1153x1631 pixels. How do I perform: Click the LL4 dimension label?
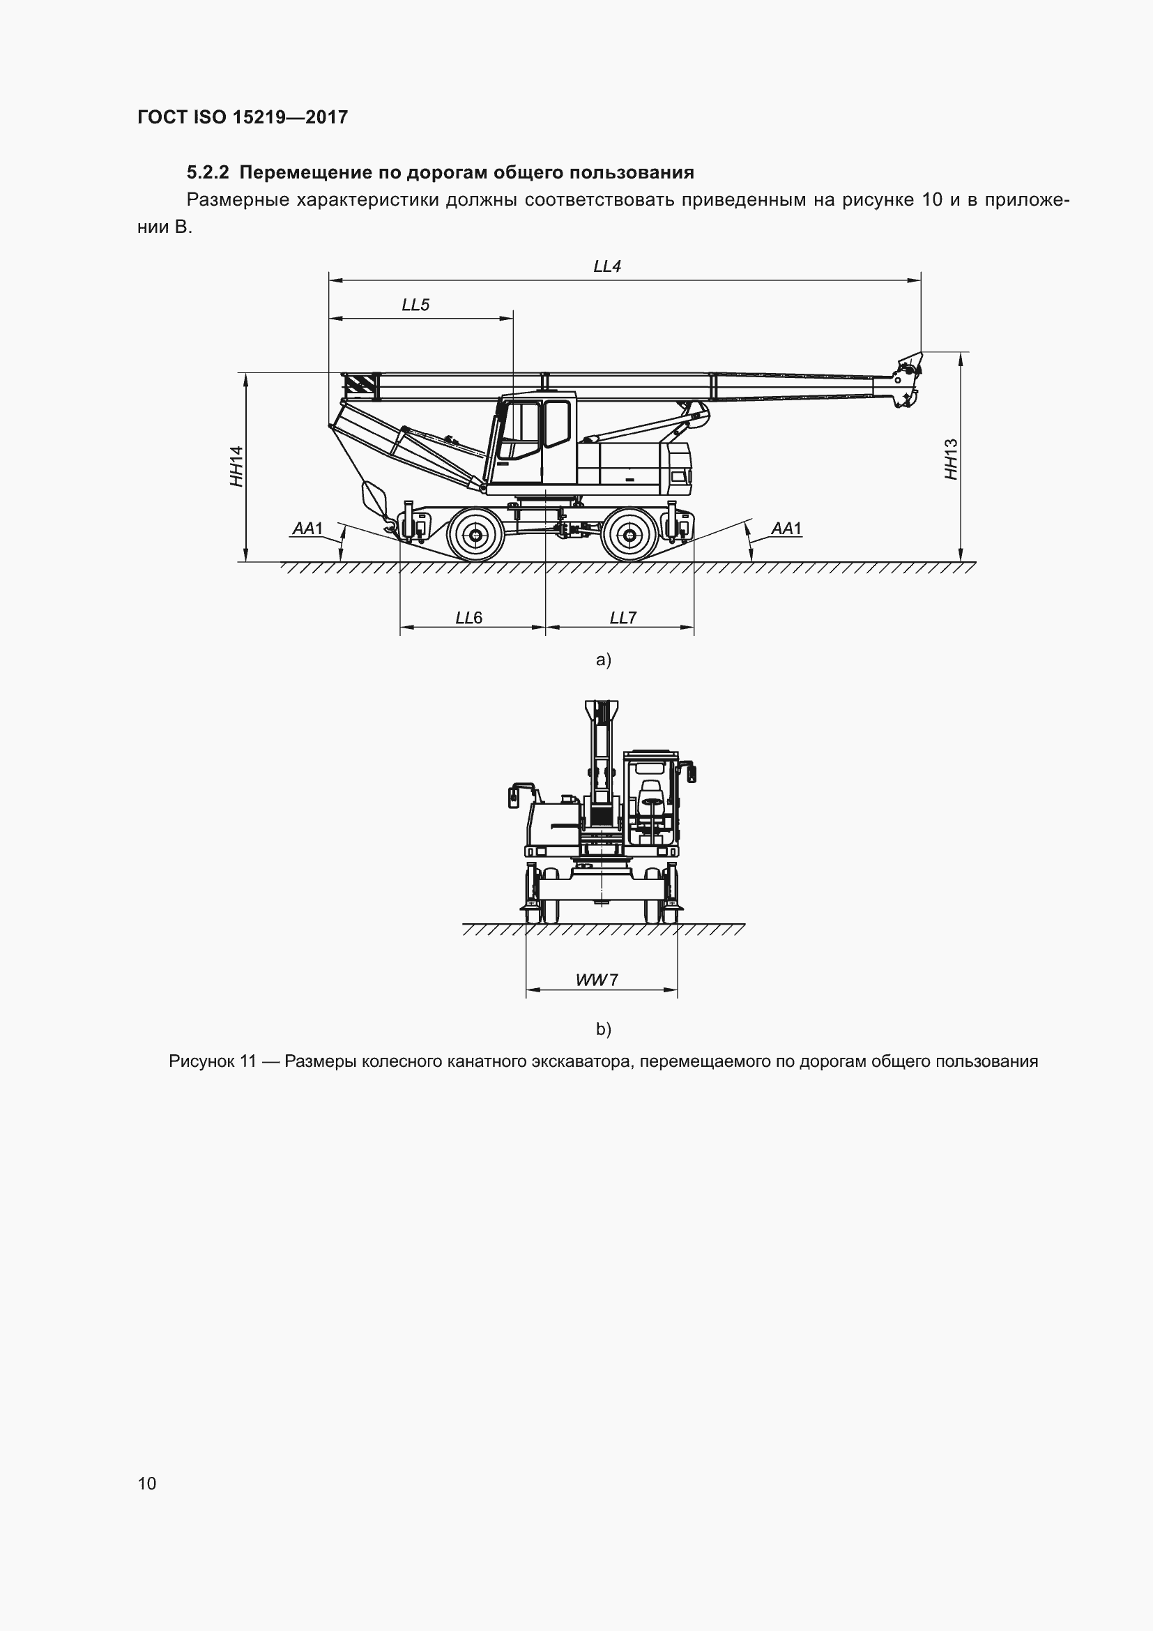607,266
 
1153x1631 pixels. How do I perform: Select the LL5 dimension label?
415,305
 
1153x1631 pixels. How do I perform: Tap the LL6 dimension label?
468,618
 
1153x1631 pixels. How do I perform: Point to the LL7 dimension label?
623,618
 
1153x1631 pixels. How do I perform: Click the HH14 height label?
236,466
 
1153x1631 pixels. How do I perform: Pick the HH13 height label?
952,459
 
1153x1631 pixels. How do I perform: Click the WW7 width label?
597,980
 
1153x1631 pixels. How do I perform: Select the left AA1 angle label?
307,529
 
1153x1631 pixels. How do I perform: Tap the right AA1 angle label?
786,529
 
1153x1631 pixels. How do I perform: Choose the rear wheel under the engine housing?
629,535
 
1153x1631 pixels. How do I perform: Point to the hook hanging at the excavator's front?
389,526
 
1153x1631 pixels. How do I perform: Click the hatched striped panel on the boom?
359,386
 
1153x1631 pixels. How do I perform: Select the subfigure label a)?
604,660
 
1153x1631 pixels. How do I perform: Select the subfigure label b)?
604,1029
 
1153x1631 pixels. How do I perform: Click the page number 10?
147,1482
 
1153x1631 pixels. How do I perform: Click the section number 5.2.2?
208,173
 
